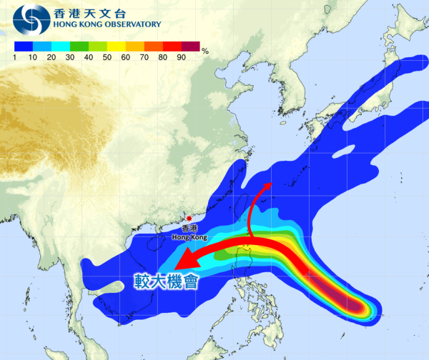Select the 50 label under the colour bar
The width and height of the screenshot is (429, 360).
[107, 54]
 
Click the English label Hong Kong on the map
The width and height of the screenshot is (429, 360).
[189, 236]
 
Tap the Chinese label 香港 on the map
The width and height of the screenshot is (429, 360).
[189, 228]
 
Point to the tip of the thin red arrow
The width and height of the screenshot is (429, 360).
[270, 184]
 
